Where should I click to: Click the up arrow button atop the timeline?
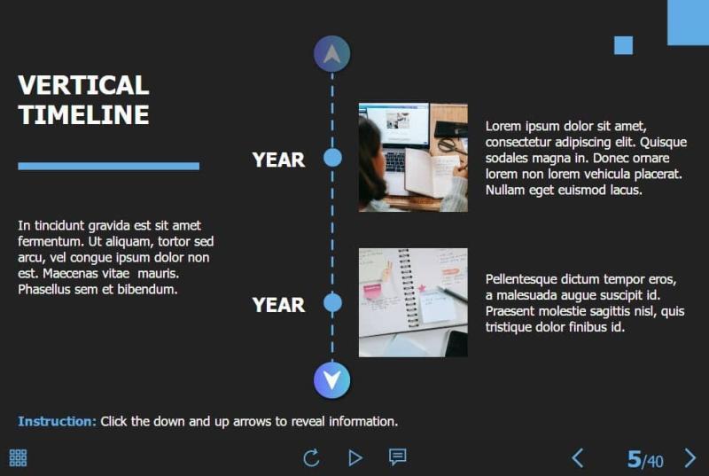coord(332,54)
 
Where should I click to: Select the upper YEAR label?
coord(278,160)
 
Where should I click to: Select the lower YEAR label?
coord(278,305)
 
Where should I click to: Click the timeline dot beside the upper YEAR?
coord(332,158)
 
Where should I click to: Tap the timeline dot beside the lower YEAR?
coord(332,303)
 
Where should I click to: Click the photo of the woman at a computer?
coord(413,157)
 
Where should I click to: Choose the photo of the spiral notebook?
coord(413,302)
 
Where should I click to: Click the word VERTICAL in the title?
coord(83,85)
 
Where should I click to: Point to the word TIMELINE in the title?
coord(83,114)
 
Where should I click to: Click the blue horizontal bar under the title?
coord(108,166)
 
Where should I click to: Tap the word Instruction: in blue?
coord(57,421)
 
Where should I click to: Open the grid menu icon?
coord(18,457)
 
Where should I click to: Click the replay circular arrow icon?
coord(311,457)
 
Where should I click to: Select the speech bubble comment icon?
coord(398,457)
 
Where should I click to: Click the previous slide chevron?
coord(578,457)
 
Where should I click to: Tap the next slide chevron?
coord(690,457)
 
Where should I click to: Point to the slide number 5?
coord(635,459)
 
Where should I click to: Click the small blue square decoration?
coord(623,45)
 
